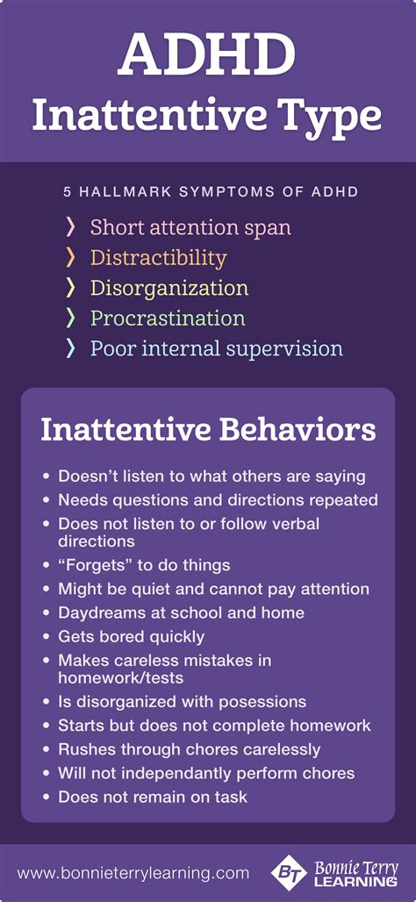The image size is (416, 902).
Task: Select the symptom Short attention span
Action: click(190, 228)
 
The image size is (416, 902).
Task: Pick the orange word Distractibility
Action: click(158, 258)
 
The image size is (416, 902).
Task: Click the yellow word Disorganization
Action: click(169, 288)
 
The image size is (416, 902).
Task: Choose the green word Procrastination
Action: click(168, 318)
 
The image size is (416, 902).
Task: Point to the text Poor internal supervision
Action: click(216, 347)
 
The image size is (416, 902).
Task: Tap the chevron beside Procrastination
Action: click(71, 318)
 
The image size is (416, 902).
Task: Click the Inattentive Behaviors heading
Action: click(208, 431)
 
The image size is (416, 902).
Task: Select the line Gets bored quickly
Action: click(131, 635)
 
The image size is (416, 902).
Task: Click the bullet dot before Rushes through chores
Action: click(47, 748)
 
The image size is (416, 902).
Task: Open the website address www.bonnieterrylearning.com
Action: click(133, 873)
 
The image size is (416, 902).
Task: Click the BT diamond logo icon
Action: click(289, 873)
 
